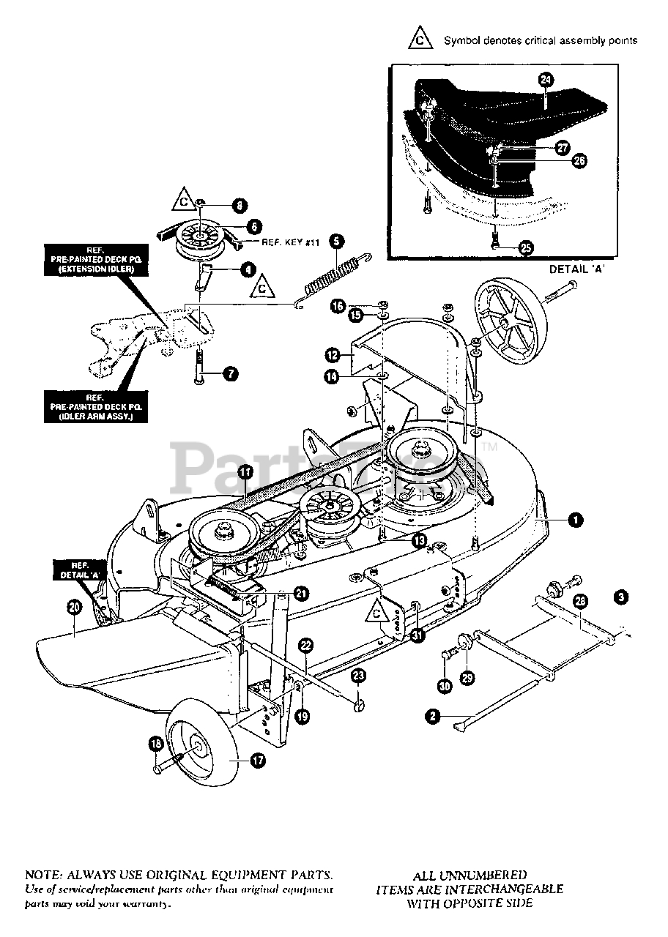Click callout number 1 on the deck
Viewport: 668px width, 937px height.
pos(576,520)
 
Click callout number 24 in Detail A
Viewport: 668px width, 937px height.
pos(545,81)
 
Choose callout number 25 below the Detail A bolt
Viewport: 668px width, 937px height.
pos(525,247)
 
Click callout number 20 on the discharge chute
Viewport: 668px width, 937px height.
pos(73,606)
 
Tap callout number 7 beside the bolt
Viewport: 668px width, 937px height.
pos(229,374)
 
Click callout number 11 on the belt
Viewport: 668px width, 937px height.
pos(244,474)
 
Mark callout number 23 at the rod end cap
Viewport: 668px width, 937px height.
pos(357,675)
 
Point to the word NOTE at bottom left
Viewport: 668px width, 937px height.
pos(44,875)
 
